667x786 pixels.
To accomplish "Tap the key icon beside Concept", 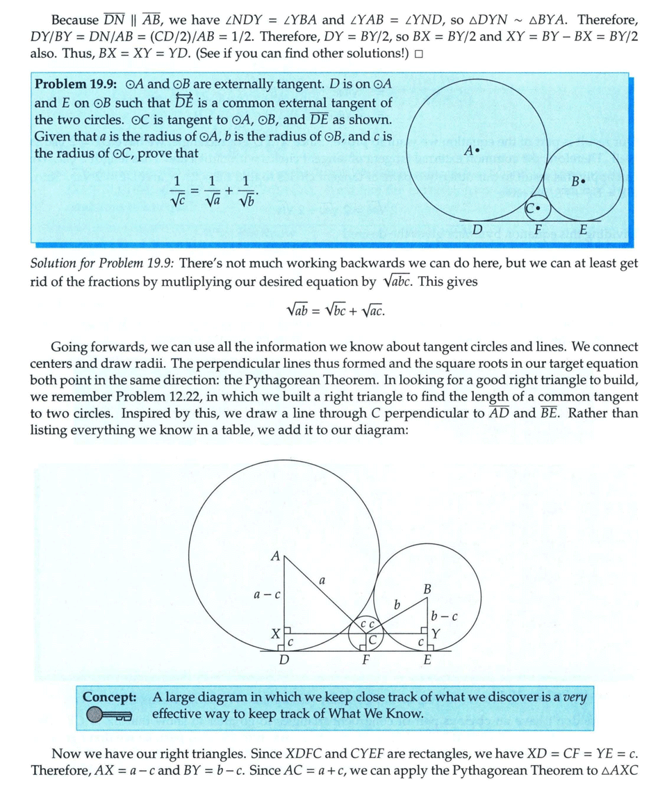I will (110, 714).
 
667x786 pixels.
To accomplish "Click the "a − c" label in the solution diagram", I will (266, 595).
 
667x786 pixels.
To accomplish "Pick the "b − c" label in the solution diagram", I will (444, 616).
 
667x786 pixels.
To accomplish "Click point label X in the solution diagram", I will (275, 634).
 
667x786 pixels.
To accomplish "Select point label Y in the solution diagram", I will (436, 634).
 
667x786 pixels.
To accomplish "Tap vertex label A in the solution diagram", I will (275, 556).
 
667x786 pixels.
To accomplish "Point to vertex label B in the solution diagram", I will (427, 590).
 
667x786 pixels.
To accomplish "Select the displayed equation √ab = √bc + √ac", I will (335, 310).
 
